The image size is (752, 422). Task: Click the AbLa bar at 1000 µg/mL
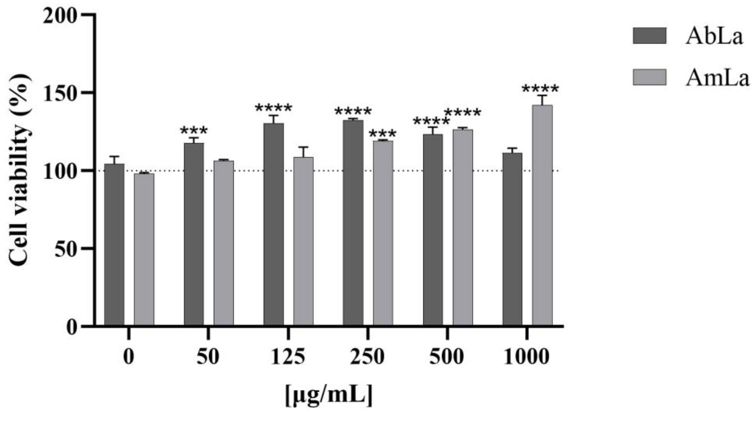pos(512,239)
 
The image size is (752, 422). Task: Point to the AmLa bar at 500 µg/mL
pos(463,228)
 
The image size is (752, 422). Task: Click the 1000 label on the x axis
pos(527,357)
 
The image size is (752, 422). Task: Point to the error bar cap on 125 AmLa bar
pos(303,147)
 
